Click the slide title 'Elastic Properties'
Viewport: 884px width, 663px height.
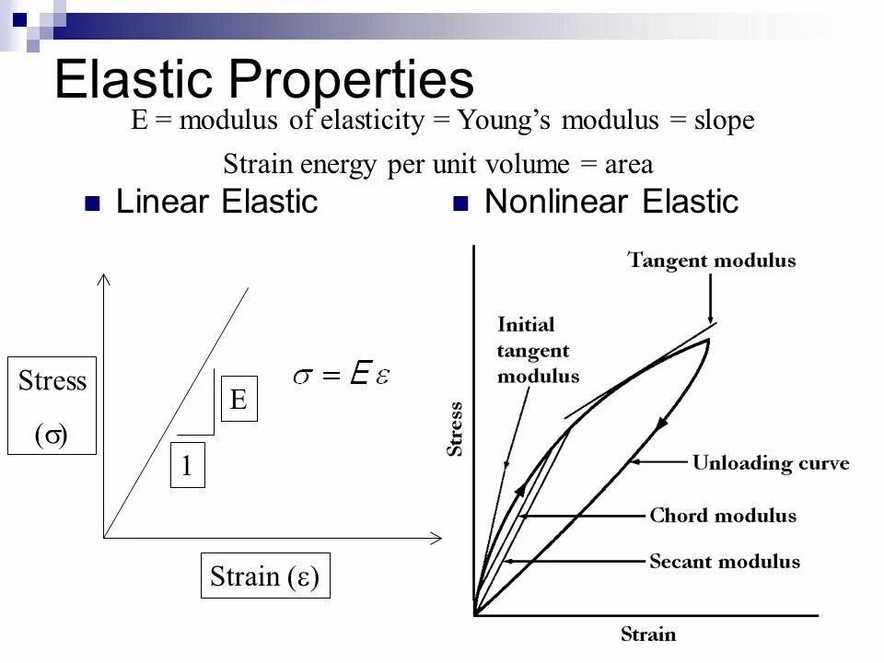point(263,80)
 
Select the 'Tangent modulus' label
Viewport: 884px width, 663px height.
point(712,261)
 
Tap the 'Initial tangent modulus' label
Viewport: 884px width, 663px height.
point(538,350)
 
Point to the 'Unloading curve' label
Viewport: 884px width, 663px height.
point(771,462)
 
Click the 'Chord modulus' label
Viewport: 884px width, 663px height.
point(723,516)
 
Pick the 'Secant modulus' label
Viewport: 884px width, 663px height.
point(725,561)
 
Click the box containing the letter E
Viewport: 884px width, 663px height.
point(238,400)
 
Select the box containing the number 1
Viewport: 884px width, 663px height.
point(187,467)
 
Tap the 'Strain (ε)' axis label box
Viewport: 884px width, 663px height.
point(265,577)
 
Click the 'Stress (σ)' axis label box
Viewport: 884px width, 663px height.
point(52,405)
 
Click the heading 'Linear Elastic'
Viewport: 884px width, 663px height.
point(216,202)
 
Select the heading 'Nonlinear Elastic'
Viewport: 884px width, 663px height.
point(611,202)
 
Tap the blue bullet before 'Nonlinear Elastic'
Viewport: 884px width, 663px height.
point(459,204)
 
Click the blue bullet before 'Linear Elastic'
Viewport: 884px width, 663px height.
point(91,204)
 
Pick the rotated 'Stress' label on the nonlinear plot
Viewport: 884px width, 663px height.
point(455,429)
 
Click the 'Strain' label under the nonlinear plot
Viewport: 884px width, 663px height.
point(647,634)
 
